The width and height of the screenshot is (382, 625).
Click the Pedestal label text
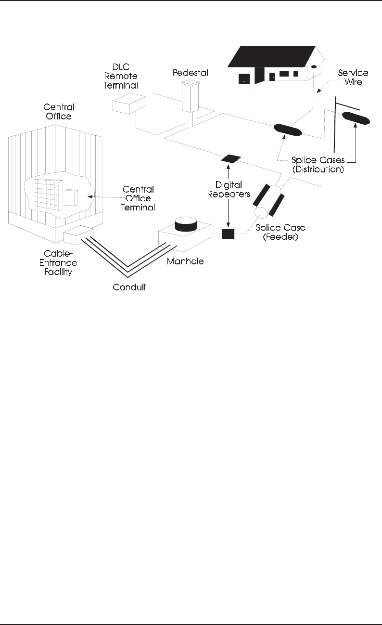click(x=189, y=73)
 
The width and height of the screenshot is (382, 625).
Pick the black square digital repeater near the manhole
click(x=228, y=234)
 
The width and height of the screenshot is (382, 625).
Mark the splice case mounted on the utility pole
click(x=356, y=118)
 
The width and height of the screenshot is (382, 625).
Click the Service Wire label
click(x=352, y=77)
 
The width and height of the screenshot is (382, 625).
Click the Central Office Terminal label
click(x=139, y=198)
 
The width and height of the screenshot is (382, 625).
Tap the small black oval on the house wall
click(x=314, y=67)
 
